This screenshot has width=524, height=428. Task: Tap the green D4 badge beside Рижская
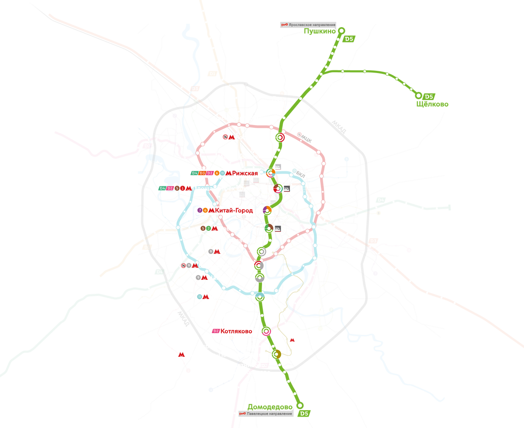point(195,174)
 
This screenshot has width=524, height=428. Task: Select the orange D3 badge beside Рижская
point(202,174)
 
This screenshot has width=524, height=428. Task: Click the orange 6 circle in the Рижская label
point(217,174)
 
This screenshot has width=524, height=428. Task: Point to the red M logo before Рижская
point(228,174)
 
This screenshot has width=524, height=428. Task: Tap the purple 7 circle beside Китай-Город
point(200,210)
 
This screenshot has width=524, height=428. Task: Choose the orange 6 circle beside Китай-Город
point(205,210)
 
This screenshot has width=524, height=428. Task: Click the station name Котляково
point(236,331)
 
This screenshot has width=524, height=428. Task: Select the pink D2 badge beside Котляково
point(215,331)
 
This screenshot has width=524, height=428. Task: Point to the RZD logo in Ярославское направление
point(285,25)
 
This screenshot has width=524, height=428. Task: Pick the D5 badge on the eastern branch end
point(429,97)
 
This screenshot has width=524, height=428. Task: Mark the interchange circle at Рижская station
point(271,174)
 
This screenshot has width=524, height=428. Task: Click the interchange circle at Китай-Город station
point(267,210)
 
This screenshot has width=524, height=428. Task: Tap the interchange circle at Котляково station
point(266,331)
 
